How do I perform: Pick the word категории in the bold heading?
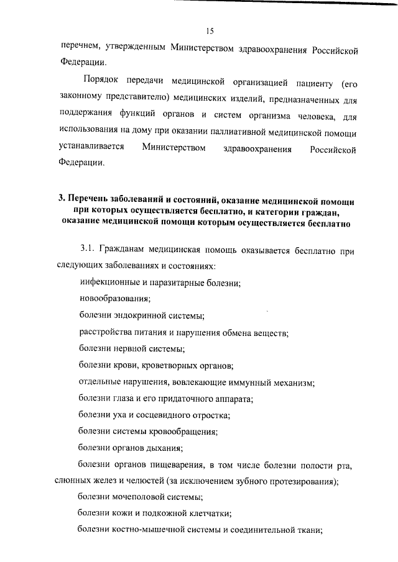click(x=280, y=211)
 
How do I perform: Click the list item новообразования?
click(x=111, y=299)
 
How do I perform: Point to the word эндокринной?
click(x=137, y=315)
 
